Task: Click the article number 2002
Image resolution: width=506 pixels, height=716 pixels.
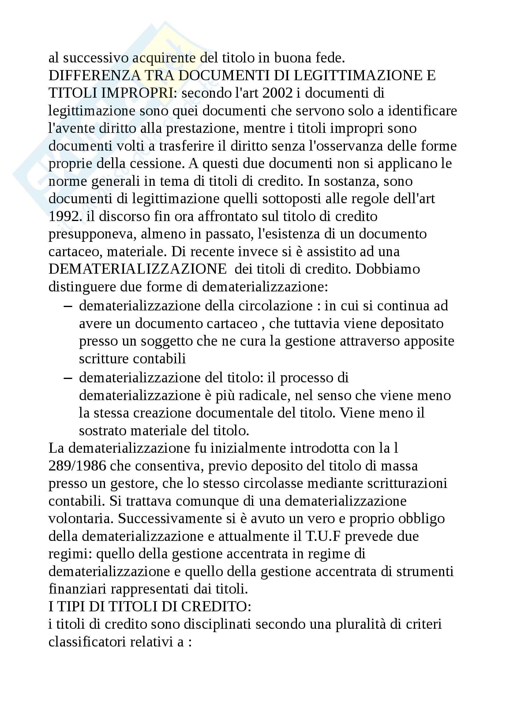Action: [x=278, y=93]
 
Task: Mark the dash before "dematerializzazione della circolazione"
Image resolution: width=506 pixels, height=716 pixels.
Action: [x=67, y=306]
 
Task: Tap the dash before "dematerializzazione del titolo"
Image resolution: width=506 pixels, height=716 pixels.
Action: [x=67, y=378]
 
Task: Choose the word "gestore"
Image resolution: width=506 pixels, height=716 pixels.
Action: [x=134, y=484]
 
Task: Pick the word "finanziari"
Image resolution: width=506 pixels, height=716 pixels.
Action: [x=77, y=589]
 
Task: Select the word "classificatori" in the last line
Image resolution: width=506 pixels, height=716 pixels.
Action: [x=87, y=642]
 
